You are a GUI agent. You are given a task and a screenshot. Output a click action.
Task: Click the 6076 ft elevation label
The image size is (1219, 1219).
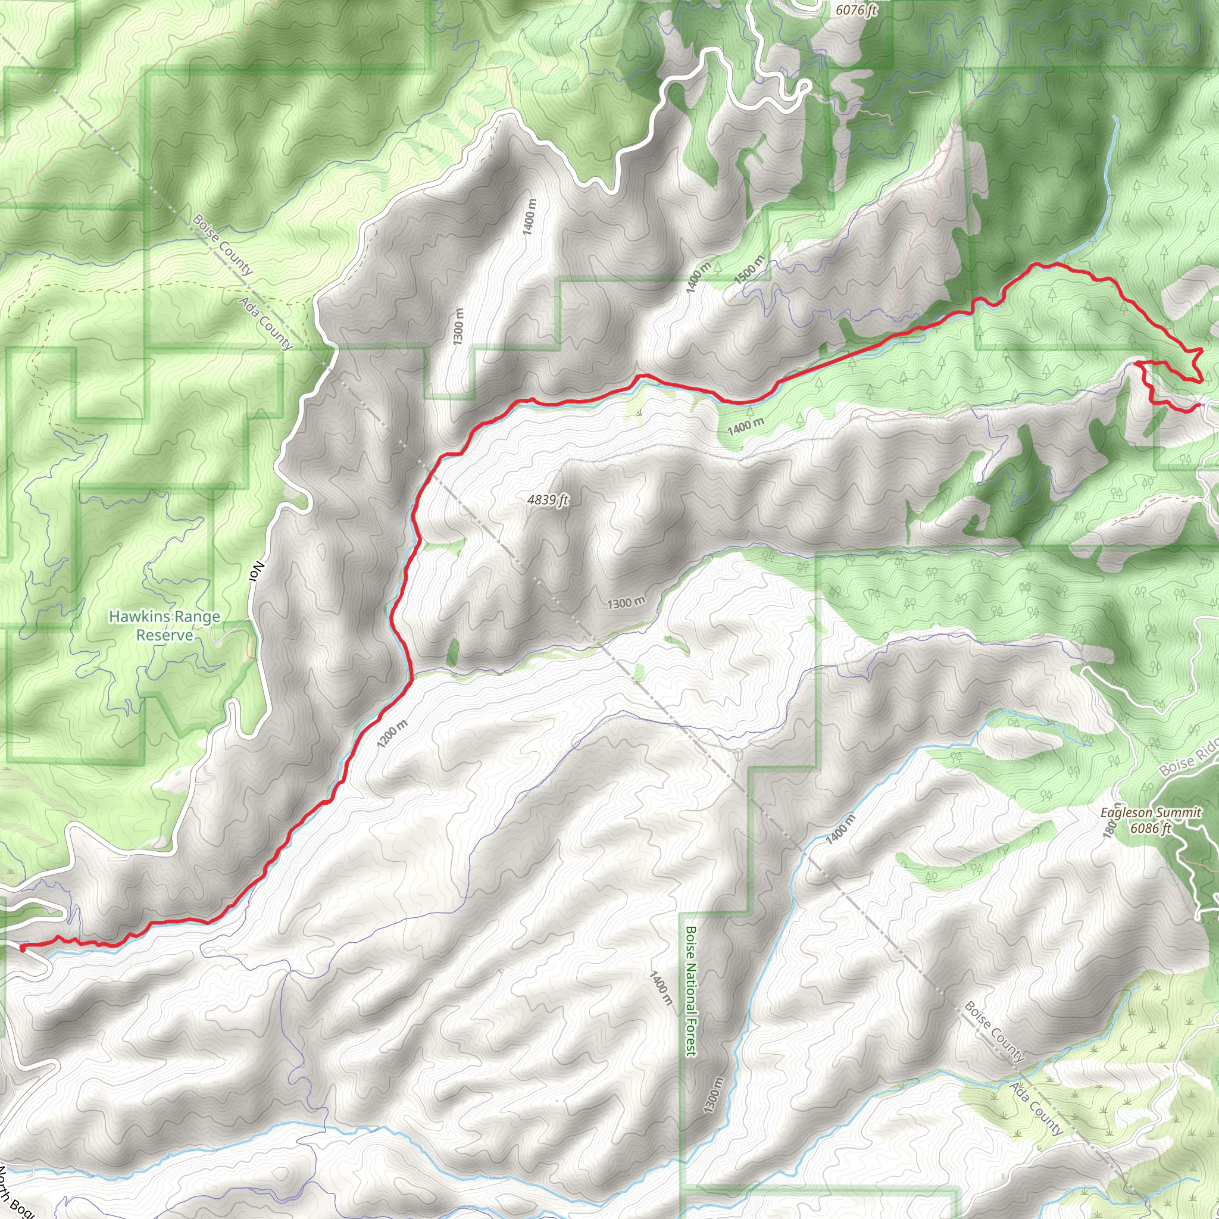coord(855,10)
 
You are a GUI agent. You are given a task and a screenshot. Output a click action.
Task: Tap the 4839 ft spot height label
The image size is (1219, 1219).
coord(548,500)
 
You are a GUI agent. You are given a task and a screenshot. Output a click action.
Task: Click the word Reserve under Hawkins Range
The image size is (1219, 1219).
coord(165,635)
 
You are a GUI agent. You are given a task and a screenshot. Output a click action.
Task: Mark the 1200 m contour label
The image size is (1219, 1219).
coord(392,734)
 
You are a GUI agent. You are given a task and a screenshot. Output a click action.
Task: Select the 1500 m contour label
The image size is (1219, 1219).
coord(749,269)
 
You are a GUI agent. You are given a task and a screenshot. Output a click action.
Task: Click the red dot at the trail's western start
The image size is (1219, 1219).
coord(23,948)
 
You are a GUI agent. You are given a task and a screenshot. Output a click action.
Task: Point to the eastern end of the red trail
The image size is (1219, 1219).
coord(1196,406)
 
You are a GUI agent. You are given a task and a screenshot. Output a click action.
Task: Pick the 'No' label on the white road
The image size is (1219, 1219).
coord(257,571)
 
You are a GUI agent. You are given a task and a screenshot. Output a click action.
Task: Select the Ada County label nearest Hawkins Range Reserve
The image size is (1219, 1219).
coord(265,324)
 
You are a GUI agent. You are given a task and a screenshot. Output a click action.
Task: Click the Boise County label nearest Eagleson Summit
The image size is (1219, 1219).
coord(994,1032)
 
